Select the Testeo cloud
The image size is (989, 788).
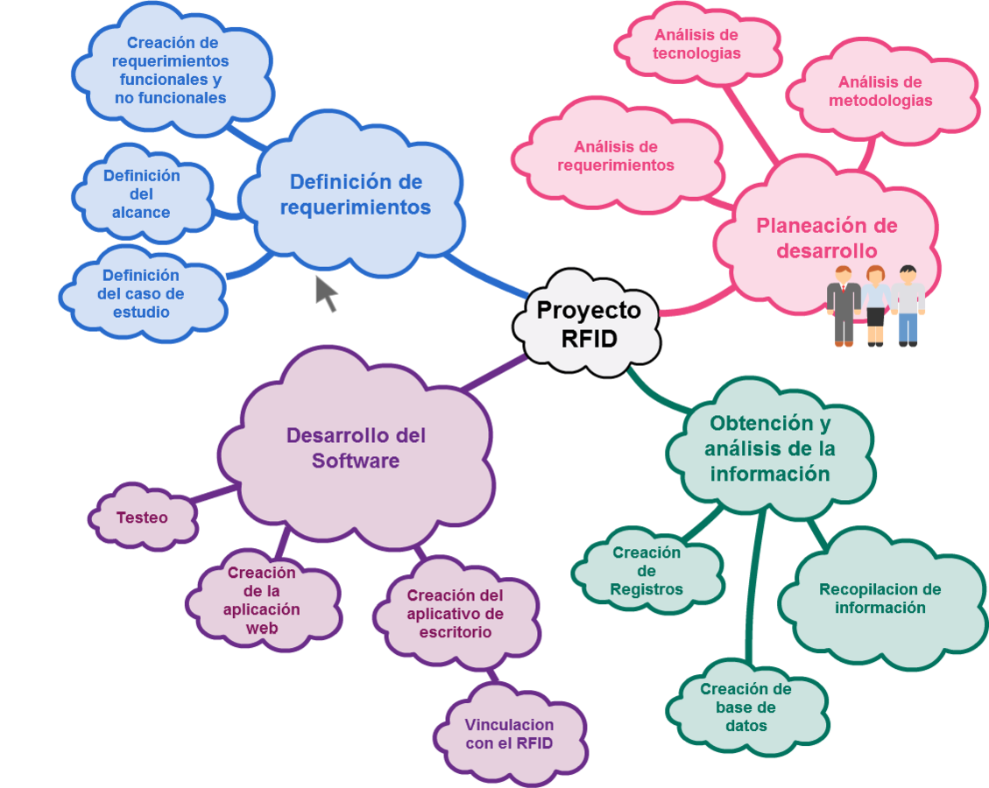point(142,517)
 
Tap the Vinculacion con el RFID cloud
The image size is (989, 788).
point(509,734)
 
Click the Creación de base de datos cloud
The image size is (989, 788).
point(745,707)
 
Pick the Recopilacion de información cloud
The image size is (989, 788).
point(880,599)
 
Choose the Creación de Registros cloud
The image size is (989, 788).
point(646,571)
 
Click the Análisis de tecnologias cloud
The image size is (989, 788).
point(696,44)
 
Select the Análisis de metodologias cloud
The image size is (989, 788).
point(880,91)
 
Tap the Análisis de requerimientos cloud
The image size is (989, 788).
point(616,156)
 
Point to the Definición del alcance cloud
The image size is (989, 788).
point(141,193)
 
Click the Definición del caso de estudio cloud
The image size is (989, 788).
point(141,293)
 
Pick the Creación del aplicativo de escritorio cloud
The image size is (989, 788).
point(455,613)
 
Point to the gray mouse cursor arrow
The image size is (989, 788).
point(326,292)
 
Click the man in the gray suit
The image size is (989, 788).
point(843,306)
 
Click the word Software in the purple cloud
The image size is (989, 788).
point(356,461)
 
